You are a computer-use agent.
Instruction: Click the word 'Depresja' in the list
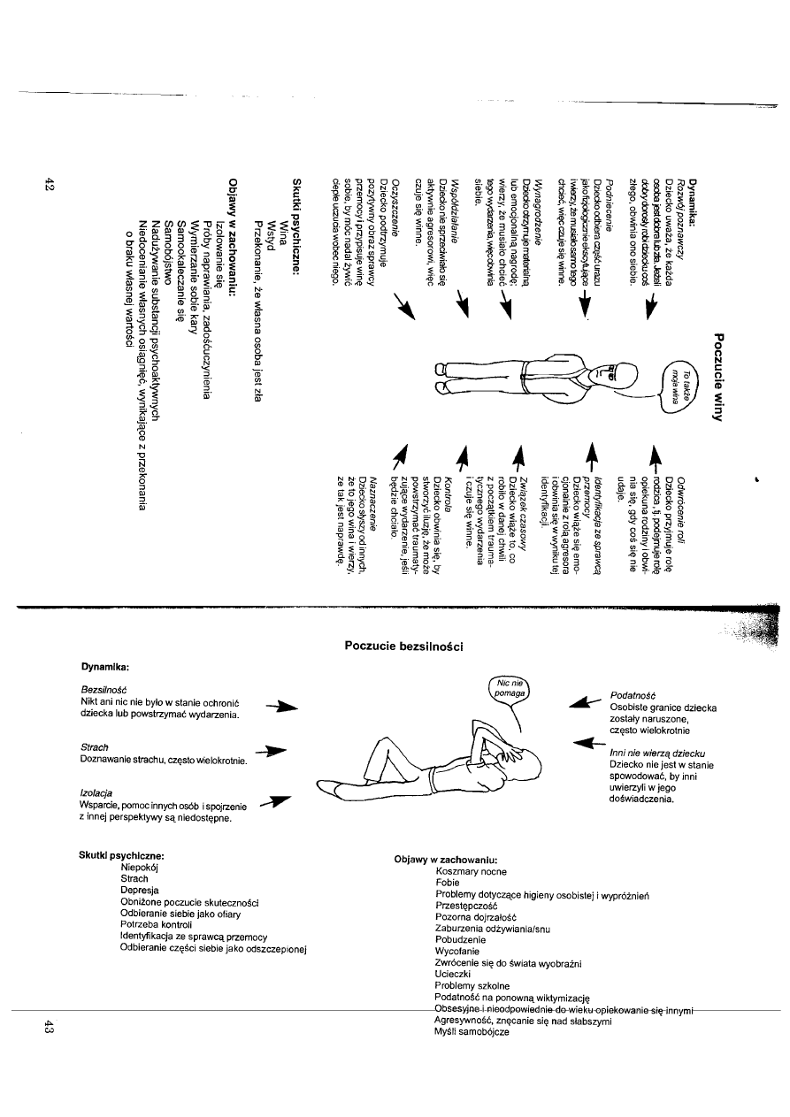[x=141, y=891]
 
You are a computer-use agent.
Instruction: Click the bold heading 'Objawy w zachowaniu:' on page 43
[x=446, y=860]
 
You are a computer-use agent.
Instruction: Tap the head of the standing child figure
[x=625, y=376]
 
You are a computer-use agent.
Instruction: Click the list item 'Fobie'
[x=449, y=883]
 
